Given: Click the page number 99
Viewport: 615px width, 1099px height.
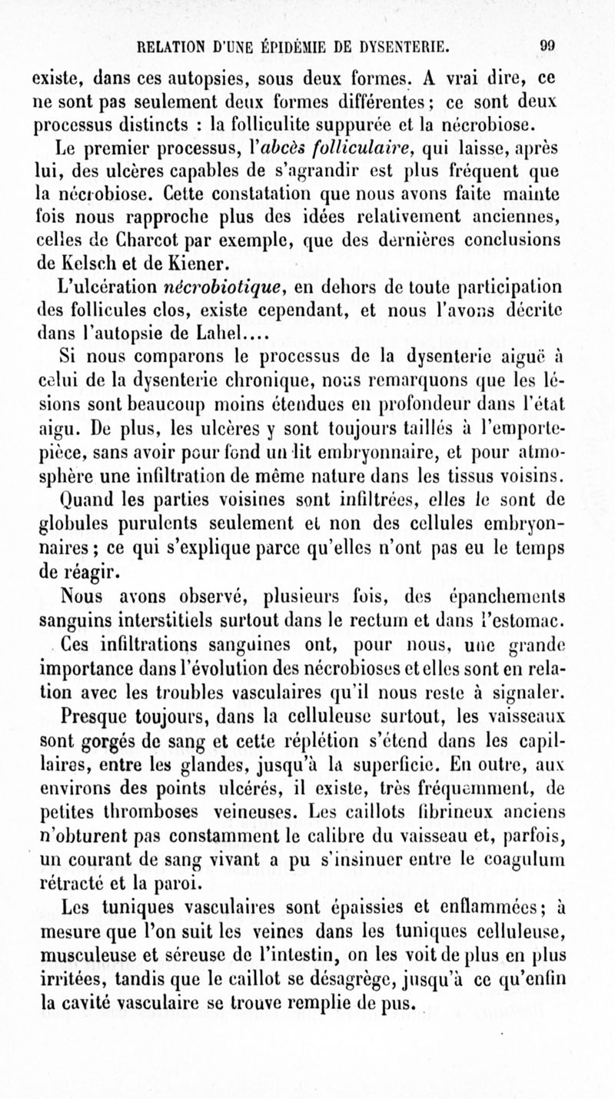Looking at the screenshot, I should [569, 45].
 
